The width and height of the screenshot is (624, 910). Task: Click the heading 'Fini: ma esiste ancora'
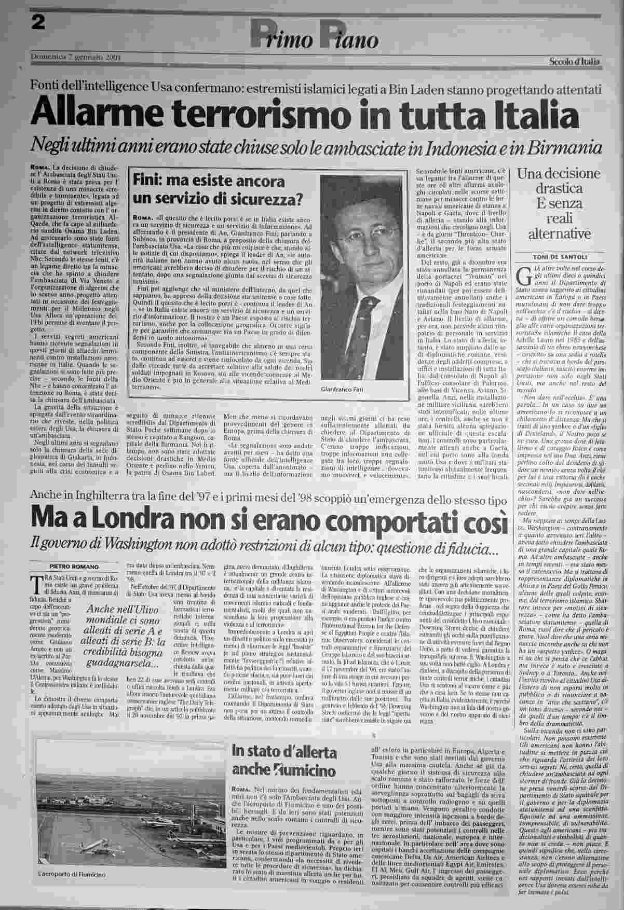coord(209,182)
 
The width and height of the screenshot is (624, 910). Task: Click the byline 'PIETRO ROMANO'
coord(74,566)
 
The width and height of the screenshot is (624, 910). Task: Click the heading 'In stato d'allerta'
coord(285,751)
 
